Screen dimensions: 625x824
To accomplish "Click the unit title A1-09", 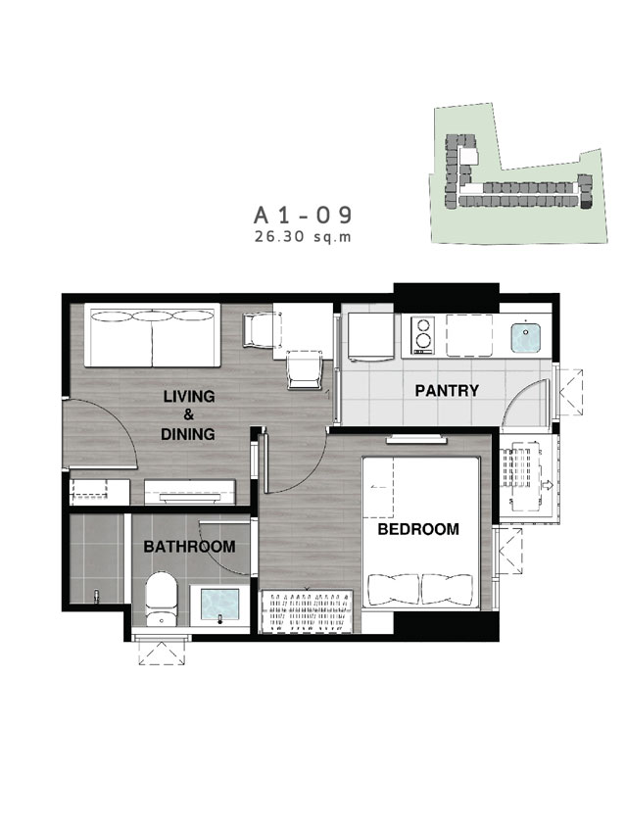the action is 303,216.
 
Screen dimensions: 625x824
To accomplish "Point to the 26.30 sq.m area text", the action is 303,237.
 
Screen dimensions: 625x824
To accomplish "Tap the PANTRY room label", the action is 447,391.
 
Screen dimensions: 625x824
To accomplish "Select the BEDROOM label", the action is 418,529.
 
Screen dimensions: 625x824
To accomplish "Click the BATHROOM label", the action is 190,547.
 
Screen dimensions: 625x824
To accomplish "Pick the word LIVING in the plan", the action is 189,396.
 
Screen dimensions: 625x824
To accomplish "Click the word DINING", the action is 188,434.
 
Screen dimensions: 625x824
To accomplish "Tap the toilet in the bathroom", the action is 161,599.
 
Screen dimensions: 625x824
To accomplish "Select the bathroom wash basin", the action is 220,606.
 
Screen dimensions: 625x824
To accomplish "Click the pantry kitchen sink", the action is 526,337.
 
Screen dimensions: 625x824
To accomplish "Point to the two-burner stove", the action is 423,335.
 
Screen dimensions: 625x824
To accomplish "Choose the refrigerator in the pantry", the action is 371,337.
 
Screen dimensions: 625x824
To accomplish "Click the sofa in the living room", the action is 152,336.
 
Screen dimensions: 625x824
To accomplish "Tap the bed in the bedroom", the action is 421,533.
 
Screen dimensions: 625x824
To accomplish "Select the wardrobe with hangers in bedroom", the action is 307,610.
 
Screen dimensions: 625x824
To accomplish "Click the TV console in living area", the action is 190,492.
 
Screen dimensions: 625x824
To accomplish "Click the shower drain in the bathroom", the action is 96,596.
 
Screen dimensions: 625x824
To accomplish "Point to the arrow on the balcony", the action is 547,485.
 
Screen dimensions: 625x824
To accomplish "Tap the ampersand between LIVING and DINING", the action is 188,415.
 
